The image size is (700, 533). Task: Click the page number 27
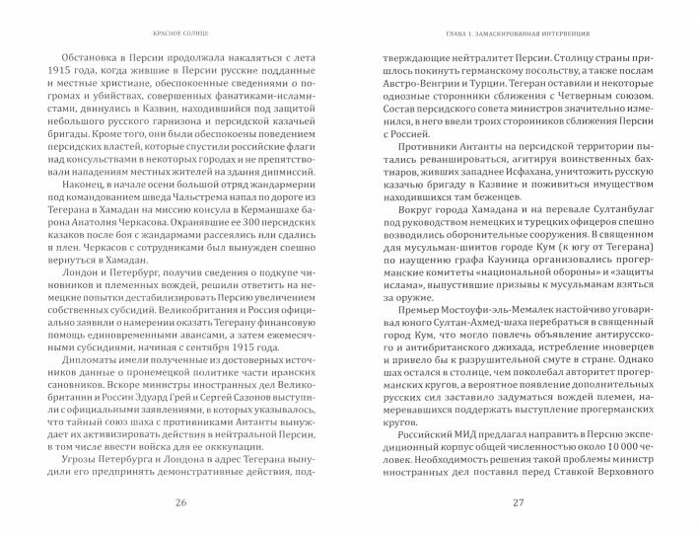519,505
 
